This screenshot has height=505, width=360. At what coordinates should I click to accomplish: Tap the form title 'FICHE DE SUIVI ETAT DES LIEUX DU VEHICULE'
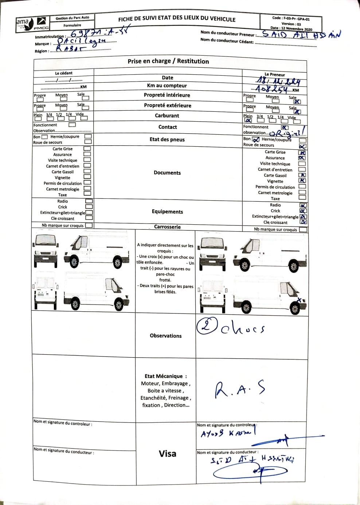177,19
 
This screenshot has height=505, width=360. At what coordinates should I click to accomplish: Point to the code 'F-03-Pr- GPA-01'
296,18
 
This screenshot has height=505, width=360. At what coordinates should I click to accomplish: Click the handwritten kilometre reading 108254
272,89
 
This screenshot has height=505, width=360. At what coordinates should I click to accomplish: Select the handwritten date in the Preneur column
275,82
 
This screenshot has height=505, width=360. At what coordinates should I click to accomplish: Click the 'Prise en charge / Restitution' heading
168,61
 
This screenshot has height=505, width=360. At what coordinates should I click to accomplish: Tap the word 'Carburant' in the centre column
167,116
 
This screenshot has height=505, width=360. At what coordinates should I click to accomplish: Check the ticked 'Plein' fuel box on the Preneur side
248,121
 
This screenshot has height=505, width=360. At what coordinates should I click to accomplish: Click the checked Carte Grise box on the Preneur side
302,153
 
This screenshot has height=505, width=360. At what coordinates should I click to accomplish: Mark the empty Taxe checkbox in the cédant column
87,194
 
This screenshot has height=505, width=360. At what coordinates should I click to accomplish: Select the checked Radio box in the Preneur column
303,205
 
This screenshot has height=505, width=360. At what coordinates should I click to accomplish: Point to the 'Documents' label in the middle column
167,173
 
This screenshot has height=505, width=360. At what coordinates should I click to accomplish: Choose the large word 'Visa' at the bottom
167,454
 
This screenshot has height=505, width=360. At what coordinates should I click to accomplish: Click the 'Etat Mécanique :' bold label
165,376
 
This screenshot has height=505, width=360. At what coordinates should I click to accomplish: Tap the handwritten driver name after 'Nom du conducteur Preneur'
301,35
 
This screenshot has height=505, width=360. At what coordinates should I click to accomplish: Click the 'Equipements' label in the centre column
167,212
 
